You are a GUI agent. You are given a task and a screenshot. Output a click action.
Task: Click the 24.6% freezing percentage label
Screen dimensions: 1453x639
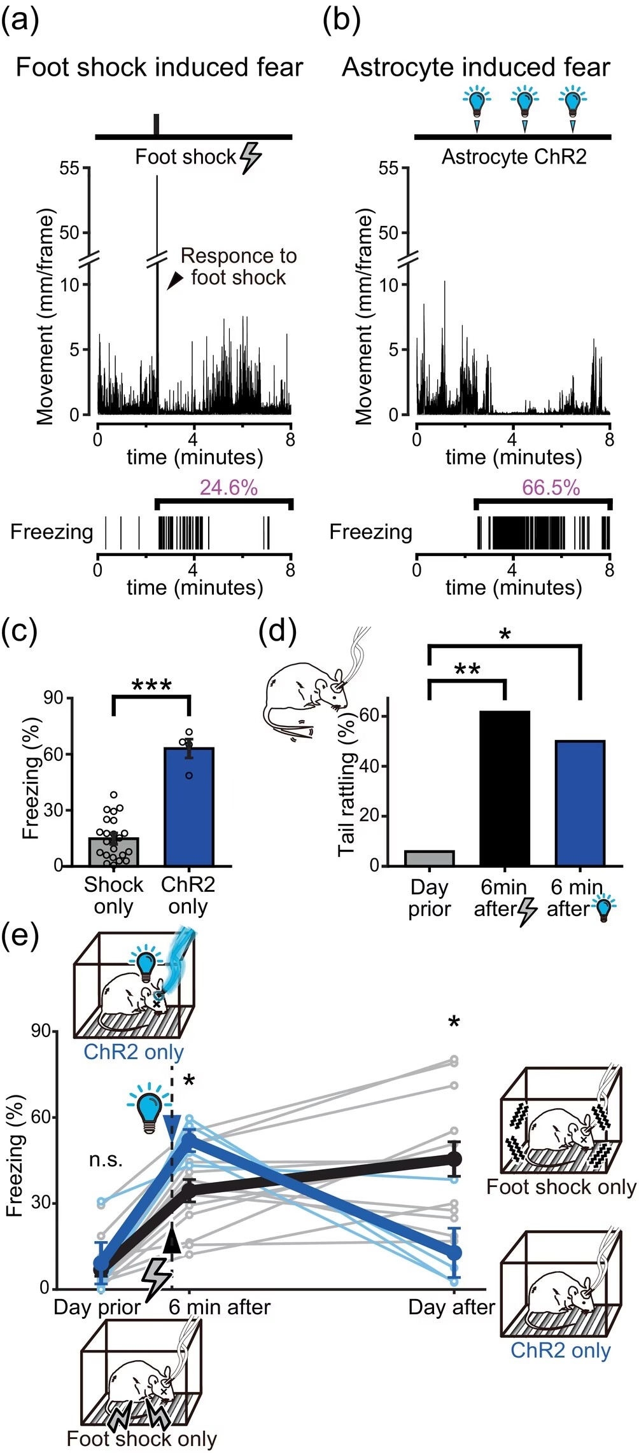click(228, 488)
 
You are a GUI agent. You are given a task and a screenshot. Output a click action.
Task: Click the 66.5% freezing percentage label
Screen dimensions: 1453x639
click(551, 488)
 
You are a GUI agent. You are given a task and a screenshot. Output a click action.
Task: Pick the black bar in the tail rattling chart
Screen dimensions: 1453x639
click(504, 788)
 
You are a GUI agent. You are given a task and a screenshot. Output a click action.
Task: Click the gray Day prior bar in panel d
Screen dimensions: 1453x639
click(430, 858)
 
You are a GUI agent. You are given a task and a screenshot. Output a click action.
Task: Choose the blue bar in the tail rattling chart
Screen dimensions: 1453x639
click(579, 803)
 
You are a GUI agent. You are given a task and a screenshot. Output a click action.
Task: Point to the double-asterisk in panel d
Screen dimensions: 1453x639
click(467, 670)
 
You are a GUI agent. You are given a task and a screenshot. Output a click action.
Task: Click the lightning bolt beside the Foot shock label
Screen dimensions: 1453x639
click(250, 157)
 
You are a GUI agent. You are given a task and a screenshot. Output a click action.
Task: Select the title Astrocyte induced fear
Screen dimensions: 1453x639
click(475, 67)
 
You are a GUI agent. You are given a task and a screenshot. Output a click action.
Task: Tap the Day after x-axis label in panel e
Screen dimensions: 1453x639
click(451, 1307)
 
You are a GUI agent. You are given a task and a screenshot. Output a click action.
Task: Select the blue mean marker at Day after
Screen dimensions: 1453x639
click(454, 1252)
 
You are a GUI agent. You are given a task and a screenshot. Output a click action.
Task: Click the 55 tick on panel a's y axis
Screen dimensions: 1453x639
click(69, 169)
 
